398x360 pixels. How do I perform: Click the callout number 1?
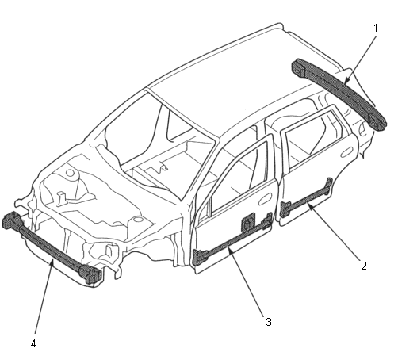pos(376,28)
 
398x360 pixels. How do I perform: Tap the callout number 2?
pos(364,266)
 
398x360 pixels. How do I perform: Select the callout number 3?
pos(269,322)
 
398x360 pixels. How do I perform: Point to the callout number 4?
pos(33,343)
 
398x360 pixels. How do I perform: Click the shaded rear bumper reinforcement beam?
pos(339,93)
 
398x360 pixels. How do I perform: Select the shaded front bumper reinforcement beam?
pos(52,247)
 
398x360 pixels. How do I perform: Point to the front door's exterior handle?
pos(266,199)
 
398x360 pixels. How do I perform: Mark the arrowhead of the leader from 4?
pos(53,262)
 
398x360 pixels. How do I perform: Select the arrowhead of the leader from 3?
pos(230,250)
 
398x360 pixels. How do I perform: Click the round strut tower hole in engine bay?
pos(70,174)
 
